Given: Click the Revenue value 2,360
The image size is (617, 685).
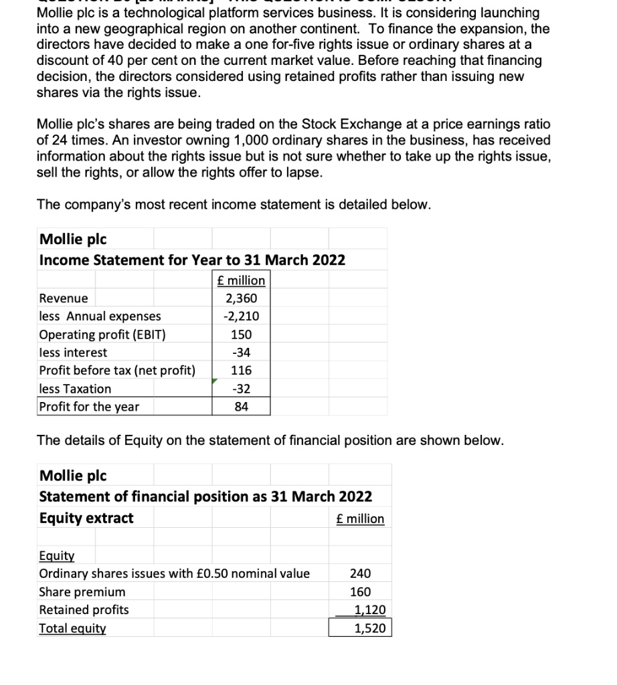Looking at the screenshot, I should tap(242, 298).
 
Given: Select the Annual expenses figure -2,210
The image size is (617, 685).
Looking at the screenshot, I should tap(242, 316).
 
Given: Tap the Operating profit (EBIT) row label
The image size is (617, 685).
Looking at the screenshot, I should tap(102, 334).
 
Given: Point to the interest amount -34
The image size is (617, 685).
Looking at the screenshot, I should tap(242, 353).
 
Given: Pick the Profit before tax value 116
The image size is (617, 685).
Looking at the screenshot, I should tap(242, 371).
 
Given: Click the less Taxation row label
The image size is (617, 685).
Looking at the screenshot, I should tap(76, 389).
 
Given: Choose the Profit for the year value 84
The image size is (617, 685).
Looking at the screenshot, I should tap(242, 407).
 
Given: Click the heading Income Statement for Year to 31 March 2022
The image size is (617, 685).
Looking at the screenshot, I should tap(192, 260).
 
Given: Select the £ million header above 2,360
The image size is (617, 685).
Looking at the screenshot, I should tap(242, 280).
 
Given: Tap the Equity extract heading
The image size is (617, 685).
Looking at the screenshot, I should tap(86, 518).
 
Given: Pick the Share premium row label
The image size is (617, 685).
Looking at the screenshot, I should tap(82, 591).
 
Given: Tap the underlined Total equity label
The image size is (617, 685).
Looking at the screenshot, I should tap(72, 628).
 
